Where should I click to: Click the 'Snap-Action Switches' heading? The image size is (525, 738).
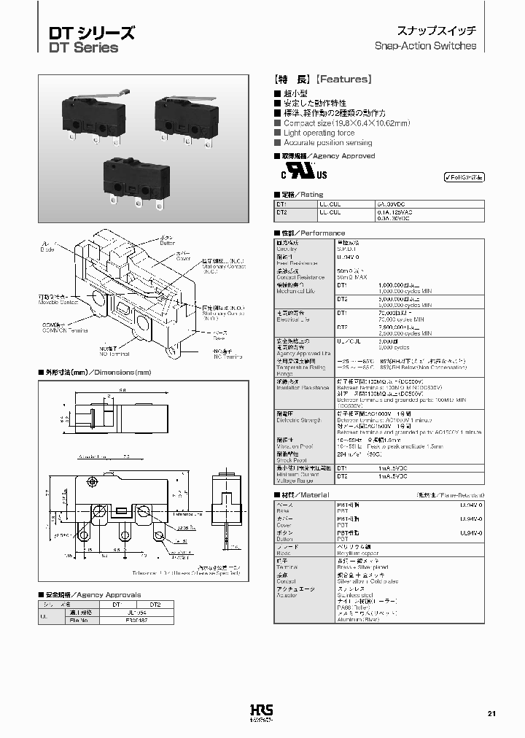pyautogui.click(x=425, y=45)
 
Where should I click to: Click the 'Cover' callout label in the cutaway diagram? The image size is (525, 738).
pyautogui.click(x=184, y=258)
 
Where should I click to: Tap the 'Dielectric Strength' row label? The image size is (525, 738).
pyautogui.click(x=299, y=420)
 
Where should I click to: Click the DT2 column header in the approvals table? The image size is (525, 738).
pyautogui.click(x=155, y=605)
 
